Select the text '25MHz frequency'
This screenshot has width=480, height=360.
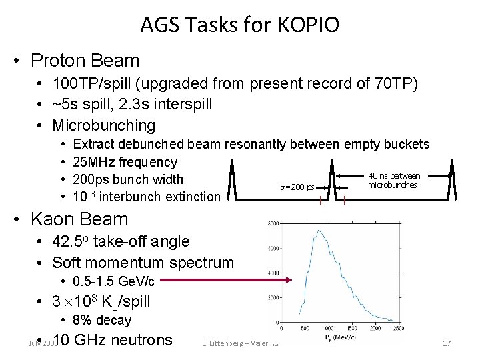pos(125,162)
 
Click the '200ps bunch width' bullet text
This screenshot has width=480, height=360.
pos(129,179)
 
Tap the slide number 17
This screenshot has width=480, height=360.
pos(447,343)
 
